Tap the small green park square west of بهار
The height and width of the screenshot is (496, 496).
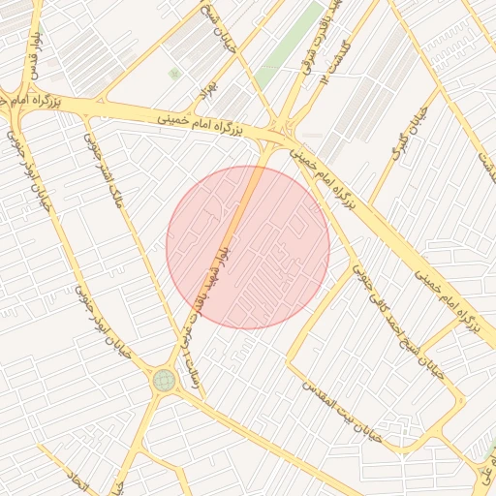(x=174, y=74)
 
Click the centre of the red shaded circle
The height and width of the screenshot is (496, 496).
(x=248, y=247)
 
